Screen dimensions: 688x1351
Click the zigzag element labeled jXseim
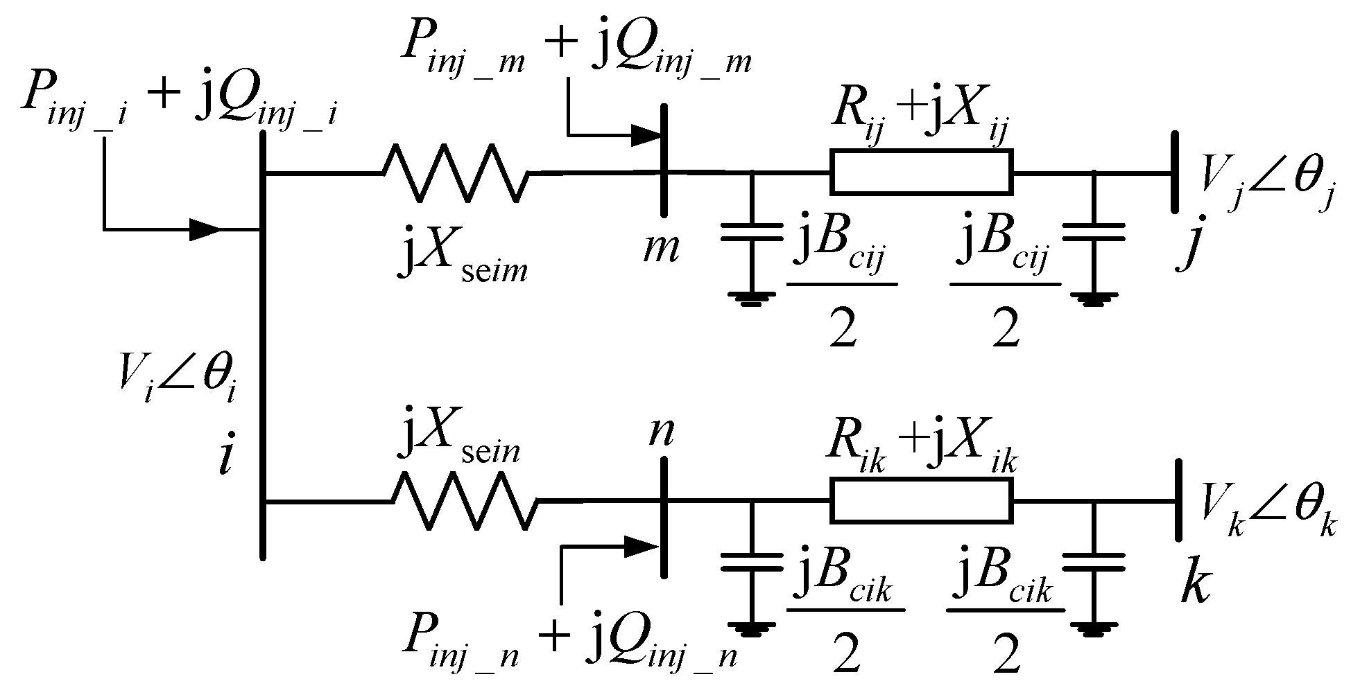(x=456, y=173)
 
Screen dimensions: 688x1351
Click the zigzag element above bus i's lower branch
(x=465, y=501)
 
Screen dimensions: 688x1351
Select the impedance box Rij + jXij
(x=921, y=171)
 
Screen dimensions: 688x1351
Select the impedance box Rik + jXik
(x=921, y=501)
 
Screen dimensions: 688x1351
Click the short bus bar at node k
(x=1177, y=500)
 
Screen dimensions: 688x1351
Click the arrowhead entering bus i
(x=205, y=229)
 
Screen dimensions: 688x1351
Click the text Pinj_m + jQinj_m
(x=576, y=45)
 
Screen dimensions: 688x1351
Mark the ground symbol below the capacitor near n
(x=751, y=628)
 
